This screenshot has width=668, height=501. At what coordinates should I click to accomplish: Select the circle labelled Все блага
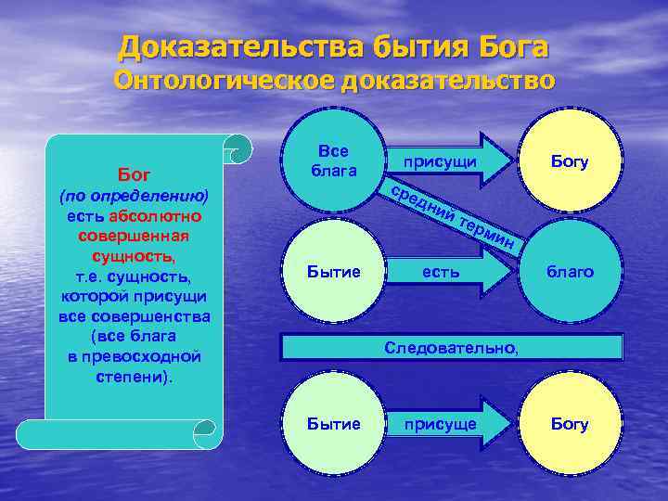point(332,161)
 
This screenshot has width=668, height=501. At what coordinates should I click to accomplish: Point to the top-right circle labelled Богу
point(570,162)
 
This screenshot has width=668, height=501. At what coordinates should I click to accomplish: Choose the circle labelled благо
point(570,273)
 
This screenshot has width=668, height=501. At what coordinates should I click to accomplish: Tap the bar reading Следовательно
point(452,347)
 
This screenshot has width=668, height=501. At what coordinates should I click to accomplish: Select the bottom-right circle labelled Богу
point(570,424)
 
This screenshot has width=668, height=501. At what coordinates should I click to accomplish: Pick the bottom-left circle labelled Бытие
point(332,424)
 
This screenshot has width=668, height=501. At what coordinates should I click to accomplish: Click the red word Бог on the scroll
point(134,174)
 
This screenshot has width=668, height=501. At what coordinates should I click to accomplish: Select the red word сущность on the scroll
point(134,254)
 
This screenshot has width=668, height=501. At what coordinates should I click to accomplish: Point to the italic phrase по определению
point(134,197)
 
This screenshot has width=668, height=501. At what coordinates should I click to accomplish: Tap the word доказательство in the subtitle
point(448,82)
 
